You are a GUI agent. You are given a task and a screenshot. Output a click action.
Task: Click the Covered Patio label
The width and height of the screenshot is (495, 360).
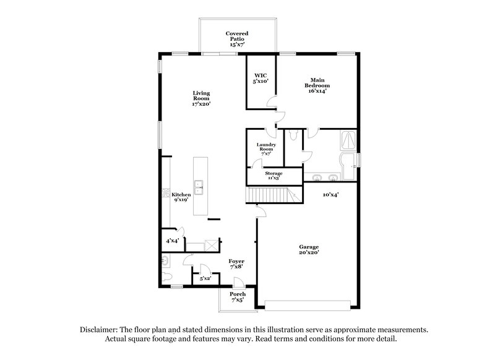tap(238, 39)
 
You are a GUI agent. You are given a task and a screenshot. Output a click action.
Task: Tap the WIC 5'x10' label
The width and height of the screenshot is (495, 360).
tap(259, 77)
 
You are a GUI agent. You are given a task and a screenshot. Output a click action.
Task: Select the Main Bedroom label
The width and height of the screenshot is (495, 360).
tap(317, 85)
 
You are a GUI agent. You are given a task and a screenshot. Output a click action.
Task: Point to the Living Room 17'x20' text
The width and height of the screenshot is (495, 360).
tap(200, 99)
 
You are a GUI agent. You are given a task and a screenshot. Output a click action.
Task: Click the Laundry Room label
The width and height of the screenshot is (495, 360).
tap(266, 148)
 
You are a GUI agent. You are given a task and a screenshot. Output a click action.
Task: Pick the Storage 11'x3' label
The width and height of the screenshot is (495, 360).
tap(273, 176)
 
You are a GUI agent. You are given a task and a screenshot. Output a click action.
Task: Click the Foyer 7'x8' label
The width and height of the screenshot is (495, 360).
tap(236, 264)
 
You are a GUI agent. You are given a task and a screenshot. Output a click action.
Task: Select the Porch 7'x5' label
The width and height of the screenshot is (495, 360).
tap(237, 297)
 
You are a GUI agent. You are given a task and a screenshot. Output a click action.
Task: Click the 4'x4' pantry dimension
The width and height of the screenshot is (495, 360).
tap(172, 241)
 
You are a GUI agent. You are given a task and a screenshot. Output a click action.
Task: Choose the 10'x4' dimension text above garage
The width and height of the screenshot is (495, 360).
tap(330, 195)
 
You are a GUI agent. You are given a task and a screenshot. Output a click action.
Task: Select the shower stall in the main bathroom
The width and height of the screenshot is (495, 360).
tap(348, 140)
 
